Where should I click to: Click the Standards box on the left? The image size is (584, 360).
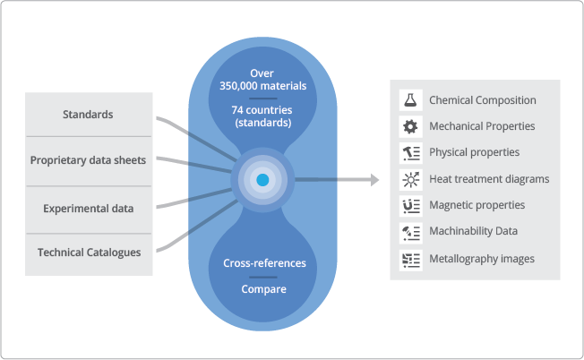click(89, 115)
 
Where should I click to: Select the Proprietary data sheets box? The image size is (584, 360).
click(89, 161)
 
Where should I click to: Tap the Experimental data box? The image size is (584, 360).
click(89, 209)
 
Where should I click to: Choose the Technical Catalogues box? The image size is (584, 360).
click(89, 253)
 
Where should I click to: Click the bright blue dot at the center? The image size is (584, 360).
click(262, 180)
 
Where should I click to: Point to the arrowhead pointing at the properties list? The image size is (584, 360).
click(374, 180)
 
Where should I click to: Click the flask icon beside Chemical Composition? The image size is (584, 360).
click(410, 100)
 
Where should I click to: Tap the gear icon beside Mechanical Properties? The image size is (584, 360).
click(410, 126)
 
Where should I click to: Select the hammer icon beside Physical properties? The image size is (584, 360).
click(410, 152)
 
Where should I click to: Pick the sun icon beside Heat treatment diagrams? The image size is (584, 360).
click(410, 179)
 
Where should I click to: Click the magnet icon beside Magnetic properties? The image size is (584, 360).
click(410, 205)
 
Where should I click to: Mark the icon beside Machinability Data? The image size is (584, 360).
click(410, 232)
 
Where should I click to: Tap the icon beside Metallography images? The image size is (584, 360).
click(410, 259)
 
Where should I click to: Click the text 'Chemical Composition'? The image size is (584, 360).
click(483, 100)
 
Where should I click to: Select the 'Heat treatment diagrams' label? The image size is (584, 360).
click(489, 179)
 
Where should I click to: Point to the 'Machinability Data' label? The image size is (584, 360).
click(473, 232)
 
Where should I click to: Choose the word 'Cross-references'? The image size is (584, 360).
click(263, 263)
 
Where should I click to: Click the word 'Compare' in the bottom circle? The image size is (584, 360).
click(263, 289)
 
